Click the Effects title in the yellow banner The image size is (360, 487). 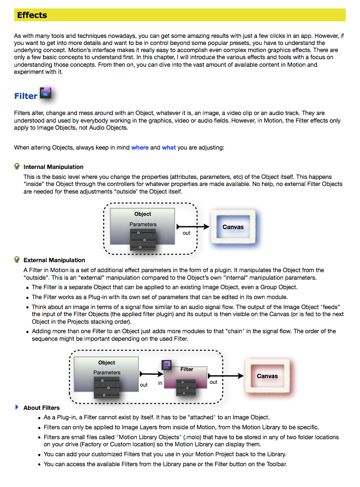pos(32,15)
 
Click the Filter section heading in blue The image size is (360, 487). pos(26,96)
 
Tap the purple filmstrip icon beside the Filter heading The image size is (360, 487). pos(45,93)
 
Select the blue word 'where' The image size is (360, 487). pos(140,148)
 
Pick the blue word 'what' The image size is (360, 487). pos(169,148)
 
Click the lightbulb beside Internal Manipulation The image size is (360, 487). pos(17,166)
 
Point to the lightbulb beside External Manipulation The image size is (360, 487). pos(17,259)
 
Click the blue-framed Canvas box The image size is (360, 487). pos(233,227)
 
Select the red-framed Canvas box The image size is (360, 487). pos(267,376)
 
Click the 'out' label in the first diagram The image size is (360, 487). pos(186,233)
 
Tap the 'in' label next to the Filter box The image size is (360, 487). pos(160,383)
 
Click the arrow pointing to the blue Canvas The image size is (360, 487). pos(193,227)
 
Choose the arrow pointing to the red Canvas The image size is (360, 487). pos(225,376)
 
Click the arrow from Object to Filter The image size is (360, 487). pos(152,374)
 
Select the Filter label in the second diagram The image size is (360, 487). pos(187,369)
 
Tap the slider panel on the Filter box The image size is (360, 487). pos(186,387)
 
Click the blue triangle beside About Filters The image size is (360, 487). pos(17,407)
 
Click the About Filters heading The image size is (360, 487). pos(42,408)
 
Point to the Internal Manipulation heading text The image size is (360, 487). pos(54,167)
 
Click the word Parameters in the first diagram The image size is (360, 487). pos(143,224)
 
